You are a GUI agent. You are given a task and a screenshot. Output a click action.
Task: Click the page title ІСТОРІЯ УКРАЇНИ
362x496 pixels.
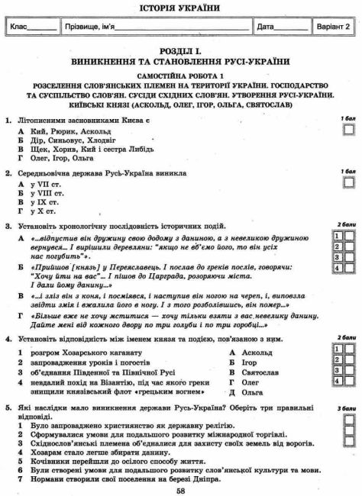181,8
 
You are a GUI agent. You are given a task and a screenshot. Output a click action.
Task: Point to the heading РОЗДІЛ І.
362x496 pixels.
181,47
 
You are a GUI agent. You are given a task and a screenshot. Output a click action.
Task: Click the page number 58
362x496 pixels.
180,490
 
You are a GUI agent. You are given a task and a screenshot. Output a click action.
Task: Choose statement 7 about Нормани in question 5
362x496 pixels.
122,478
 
